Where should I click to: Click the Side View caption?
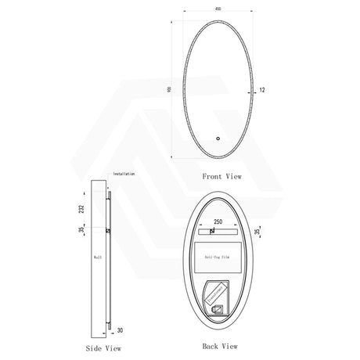pyautogui.click(x=105, y=345)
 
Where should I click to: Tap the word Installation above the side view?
pyautogui.click(x=124, y=174)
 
